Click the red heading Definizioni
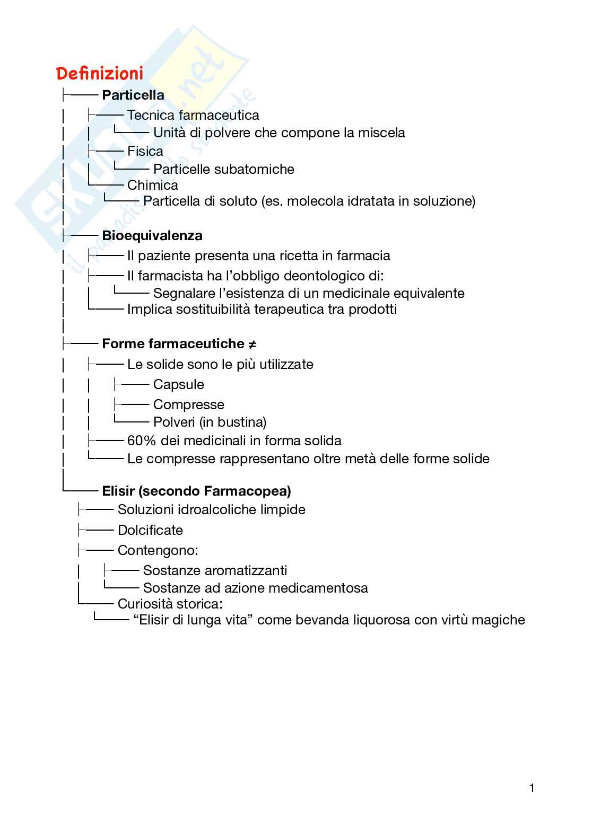pyautogui.click(x=100, y=73)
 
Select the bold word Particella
pyautogui.click(x=133, y=95)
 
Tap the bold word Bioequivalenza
pyautogui.click(x=152, y=235)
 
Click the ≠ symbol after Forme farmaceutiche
pyautogui.click(x=252, y=344)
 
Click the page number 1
pyautogui.click(x=532, y=788)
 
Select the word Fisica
pyautogui.click(x=145, y=152)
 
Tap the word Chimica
pyautogui.click(x=153, y=185)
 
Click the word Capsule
pyautogui.click(x=178, y=384)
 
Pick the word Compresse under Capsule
pyautogui.click(x=188, y=404)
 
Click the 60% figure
pyautogui.click(x=141, y=440)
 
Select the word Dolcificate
pyautogui.click(x=150, y=530)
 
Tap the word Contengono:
pyautogui.click(x=158, y=550)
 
